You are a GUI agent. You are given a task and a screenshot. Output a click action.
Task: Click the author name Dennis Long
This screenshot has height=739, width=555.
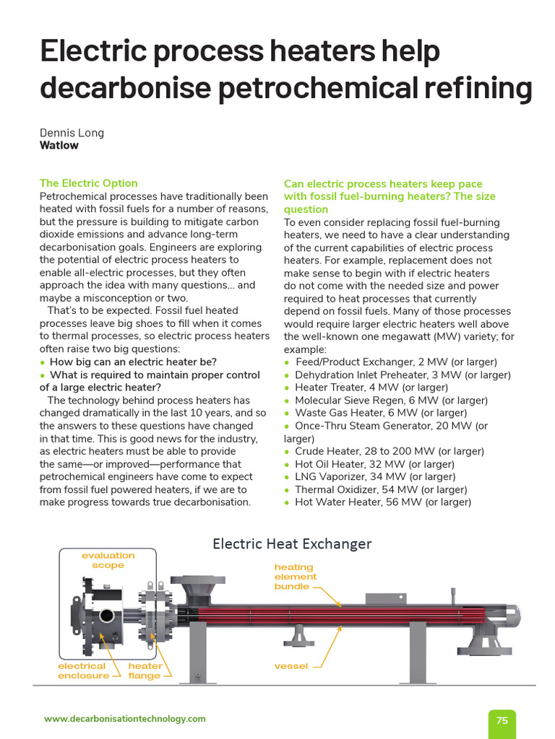(x=72, y=132)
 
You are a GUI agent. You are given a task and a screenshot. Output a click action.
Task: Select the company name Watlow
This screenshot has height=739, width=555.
(x=59, y=145)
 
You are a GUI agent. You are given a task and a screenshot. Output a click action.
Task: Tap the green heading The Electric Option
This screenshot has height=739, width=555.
(x=88, y=183)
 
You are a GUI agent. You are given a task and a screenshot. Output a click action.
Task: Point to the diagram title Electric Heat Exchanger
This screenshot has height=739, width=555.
(x=292, y=543)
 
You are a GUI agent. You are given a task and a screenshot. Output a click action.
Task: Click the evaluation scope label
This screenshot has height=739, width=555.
(x=108, y=560)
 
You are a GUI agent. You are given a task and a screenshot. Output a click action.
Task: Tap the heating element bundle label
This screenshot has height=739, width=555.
(x=295, y=577)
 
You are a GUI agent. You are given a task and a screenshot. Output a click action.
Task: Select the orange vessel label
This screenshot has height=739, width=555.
(x=291, y=666)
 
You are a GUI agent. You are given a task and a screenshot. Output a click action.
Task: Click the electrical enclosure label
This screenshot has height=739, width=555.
(x=83, y=670)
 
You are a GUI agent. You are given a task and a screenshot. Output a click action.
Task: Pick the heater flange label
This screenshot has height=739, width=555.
(x=145, y=670)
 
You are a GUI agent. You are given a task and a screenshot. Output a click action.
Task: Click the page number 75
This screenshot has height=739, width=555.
(x=502, y=720)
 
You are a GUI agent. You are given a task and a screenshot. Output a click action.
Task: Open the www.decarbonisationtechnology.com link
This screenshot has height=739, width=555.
(x=124, y=719)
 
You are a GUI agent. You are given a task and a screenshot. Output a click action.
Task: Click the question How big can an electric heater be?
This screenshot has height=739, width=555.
(x=133, y=362)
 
